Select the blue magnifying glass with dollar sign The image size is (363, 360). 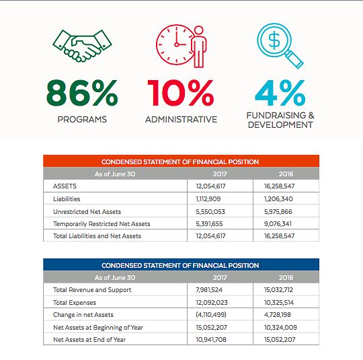click(280, 46)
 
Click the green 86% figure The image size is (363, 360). click(82, 94)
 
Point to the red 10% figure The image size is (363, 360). click(181, 94)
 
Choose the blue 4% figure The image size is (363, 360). click(280, 94)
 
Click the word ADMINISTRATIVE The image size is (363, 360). click(181, 120)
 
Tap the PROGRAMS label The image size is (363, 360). click(82, 120)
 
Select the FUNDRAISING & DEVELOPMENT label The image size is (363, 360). click(280, 120)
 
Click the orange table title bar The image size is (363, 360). click(180, 161)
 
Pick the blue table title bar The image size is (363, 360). click(180, 266)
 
